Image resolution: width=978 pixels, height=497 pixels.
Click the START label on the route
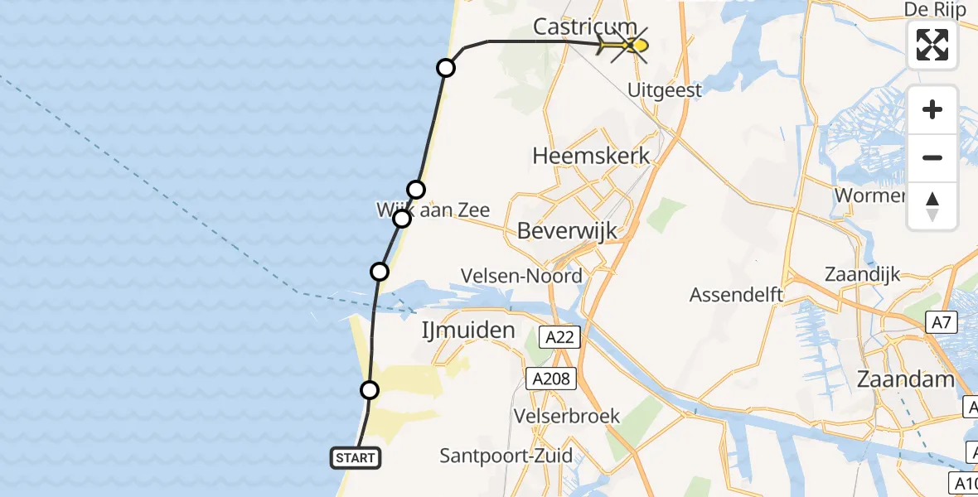(356, 457)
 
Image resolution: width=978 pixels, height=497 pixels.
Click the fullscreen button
(932, 45)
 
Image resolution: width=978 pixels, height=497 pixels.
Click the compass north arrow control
(932, 206)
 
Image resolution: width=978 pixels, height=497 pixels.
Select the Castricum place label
(584, 27)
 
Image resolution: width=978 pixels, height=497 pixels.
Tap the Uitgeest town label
(665, 90)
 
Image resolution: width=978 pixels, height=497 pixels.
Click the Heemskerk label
(591, 156)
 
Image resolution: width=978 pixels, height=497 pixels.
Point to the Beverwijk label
(567, 231)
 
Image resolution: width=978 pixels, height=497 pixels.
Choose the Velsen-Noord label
(522, 276)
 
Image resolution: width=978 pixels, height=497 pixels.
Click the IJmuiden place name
(468, 331)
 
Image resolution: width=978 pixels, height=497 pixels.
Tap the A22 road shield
(559, 337)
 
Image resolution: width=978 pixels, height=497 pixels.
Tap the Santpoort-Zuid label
(506, 455)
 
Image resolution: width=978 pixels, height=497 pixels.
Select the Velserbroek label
(567, 416)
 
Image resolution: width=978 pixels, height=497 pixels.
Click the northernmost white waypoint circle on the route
(446, 68)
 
